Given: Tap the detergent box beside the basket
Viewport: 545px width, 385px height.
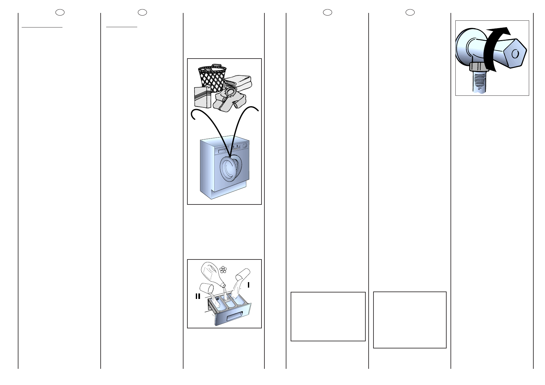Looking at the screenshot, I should [x=202, y=97].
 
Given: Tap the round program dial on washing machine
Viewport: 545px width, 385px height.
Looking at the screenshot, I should [x=245, y=146].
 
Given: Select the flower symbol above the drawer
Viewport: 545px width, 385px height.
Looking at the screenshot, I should [x=223, y=269].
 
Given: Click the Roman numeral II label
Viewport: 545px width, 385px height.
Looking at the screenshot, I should [x=198, y=296].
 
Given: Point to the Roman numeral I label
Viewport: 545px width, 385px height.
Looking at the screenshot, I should [x=248, y=285].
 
